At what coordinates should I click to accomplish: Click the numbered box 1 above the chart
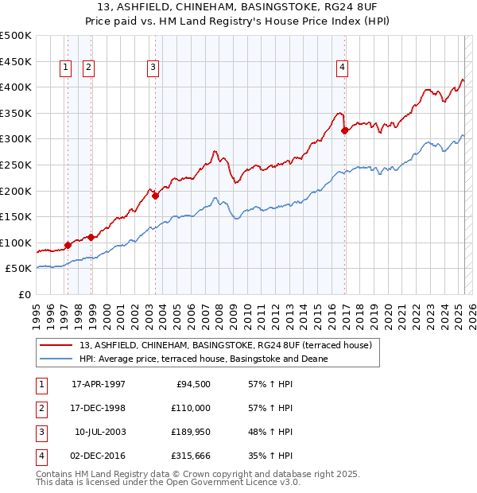pos(64,68)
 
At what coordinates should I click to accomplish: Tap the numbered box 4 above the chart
pos(342,68)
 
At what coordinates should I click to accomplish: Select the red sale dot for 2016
pos(344,130)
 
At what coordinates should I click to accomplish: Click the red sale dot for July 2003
pos(155,196)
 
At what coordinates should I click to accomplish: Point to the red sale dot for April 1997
pos(68,246)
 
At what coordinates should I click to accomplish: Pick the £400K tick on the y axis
pos(16,87)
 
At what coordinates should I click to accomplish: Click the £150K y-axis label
pos(16,216)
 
